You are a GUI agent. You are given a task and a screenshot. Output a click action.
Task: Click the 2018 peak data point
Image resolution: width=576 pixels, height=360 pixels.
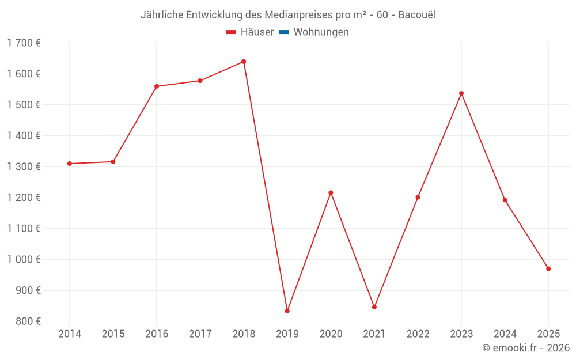244,62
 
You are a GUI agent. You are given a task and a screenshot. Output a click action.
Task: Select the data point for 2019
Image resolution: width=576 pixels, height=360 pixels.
287,311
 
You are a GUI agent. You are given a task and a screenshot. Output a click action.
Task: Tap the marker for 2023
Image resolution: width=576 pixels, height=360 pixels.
461,93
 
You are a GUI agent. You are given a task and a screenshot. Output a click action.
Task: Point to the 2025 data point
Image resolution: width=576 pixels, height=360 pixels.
548,269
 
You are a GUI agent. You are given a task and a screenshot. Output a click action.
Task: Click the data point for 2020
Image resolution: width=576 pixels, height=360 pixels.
331,193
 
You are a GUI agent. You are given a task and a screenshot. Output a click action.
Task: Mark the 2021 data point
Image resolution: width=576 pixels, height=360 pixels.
374,307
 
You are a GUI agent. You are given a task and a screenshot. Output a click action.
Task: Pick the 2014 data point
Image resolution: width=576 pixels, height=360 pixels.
70,164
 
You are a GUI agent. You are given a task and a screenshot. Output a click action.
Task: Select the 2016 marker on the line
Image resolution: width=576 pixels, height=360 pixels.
157,86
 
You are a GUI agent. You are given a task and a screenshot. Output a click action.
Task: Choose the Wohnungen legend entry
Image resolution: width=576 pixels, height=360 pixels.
321,32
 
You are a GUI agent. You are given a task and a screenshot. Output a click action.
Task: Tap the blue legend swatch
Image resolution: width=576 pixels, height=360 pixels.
284,32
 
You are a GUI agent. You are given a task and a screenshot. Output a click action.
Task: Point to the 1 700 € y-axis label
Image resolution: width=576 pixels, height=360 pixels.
24,43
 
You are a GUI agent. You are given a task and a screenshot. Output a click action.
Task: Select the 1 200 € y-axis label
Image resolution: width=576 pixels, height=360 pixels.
24,198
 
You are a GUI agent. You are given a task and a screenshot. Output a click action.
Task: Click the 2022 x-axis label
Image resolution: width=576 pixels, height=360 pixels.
418,334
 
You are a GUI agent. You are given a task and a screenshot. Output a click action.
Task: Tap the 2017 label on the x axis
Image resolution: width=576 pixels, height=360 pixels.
200,334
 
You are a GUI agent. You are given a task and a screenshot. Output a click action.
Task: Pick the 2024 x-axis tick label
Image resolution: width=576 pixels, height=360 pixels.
505,334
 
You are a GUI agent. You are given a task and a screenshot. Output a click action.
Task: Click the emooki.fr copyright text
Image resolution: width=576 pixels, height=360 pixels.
525,348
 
